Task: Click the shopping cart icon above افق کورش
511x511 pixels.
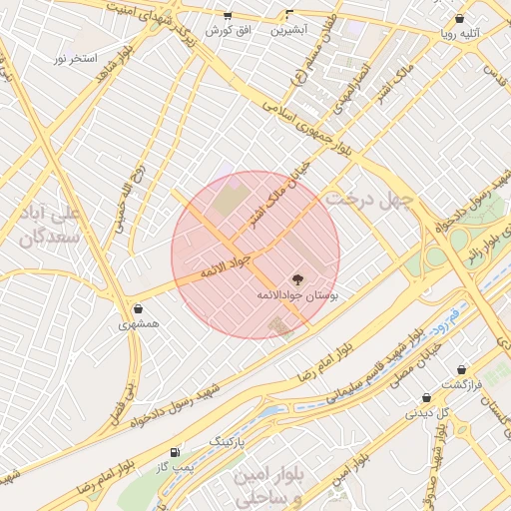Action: pyautogui.click(x=228, y=16)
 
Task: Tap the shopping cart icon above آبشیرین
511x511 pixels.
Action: pyautogui.click(x=289, y=15)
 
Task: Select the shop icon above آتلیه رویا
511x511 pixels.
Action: pyautogui.click(x=459, y=18)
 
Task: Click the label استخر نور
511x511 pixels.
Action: pyautogui.click(x=75, y=59)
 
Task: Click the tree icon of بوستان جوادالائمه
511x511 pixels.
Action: pyautogui.click(x=297, y=278)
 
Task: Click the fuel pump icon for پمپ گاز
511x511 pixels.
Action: pyautogui.click(x=177, y=451)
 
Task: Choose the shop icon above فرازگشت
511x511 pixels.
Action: pyautogui.click(x=461, y=369)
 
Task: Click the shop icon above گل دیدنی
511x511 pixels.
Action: pyautogui.click(x=426, y=396)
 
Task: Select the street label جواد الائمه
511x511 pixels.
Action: pyautogui.click(x=222, y=270)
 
